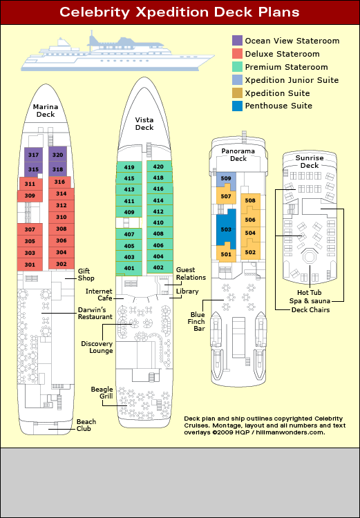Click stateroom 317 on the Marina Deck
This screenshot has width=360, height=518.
point(33,155)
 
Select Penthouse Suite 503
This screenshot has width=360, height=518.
point(226,229)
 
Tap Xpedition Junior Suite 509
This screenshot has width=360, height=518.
point(226,179)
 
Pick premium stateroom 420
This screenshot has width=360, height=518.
point(159,166)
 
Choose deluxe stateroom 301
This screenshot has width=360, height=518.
point(30,265)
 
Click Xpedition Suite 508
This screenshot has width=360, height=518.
point(250,200)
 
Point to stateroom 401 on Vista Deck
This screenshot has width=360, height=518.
point(129,268)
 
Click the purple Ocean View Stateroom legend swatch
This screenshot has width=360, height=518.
point(237,41)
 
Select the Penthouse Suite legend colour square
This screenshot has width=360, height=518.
point(237,106)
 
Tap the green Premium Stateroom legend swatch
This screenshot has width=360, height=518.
point(237,67)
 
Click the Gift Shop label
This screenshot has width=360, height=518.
point(86,274)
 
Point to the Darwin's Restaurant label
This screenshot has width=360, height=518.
point(95,313)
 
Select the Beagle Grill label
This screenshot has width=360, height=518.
point(102,392)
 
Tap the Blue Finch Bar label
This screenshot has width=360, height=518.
point(198,321)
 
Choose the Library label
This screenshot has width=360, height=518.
point(187,291)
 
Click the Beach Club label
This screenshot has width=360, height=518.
point(86,425)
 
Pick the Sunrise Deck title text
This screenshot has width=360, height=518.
point(310,162)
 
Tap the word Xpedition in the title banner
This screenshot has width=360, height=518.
point(173,12)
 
